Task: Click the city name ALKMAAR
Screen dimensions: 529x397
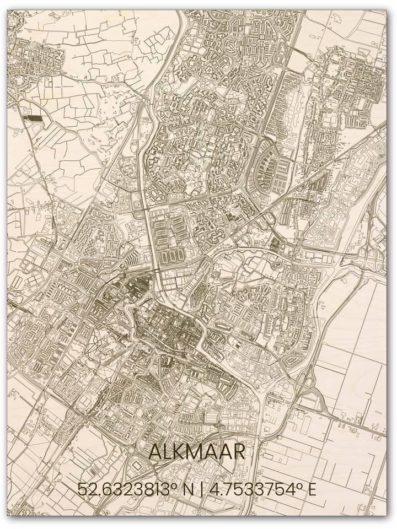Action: pyautogui.click(x=197, y=452)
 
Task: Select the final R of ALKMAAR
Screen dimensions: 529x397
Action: pyautogui.click(x=238, y=452)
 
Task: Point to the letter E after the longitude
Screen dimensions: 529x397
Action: pyautogui.click(x=312, y=489)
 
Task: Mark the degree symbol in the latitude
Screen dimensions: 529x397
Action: pyautogui.click(x=178, y=484)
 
